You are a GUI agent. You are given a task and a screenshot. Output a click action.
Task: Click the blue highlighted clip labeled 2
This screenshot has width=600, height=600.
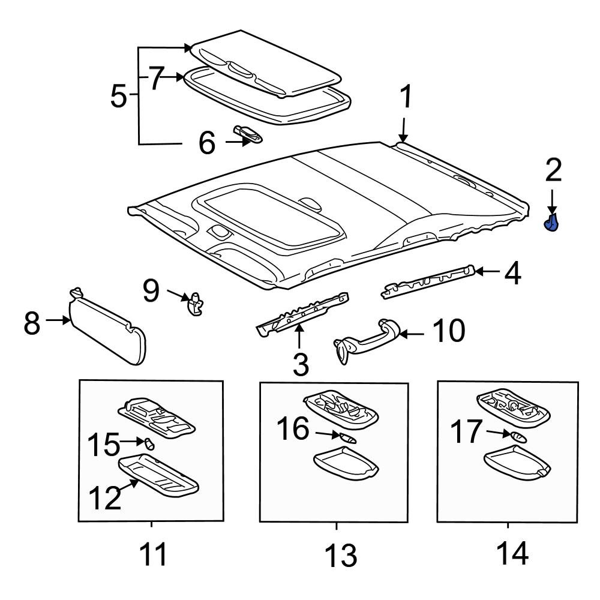pos(551,223)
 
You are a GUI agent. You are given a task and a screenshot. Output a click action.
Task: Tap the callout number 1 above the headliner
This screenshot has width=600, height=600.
pos(406,97)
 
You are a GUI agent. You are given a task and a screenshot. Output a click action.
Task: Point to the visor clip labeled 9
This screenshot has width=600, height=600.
pos(195,304)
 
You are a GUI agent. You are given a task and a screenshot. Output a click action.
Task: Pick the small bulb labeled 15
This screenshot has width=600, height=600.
pos(150,444)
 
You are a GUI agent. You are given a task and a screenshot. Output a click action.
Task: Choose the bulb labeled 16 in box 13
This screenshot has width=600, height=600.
pos(347,438)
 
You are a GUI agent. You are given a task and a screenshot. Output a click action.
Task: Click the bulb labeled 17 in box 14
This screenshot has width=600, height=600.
pos(518,436)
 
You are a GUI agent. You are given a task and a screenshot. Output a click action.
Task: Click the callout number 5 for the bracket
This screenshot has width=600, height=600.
pos(119,96)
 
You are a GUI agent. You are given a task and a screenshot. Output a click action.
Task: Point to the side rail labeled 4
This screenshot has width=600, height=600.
pos(429,281)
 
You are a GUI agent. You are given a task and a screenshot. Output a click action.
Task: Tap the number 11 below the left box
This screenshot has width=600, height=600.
pos(153,554)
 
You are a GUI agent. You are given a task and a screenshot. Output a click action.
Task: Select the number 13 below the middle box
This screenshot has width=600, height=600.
pos(340,555)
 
